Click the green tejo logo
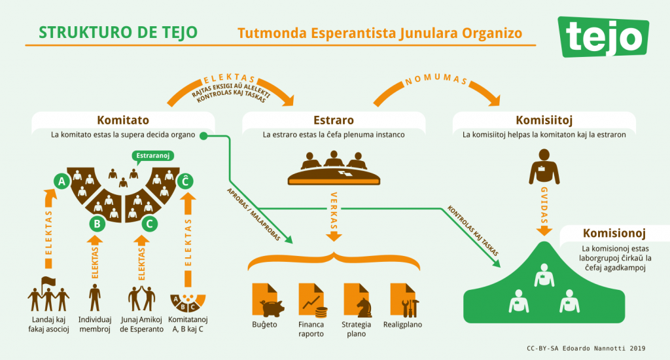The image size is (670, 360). point(603,37)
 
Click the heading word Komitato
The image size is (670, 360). point(122,120)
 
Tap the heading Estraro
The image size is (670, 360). point(334,120)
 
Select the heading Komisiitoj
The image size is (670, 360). point(544,120)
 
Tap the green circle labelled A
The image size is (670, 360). point(62,181)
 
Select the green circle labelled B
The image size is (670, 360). point(97,224)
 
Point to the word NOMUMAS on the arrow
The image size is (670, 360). point(435,81)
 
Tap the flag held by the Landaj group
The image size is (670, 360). point(47,282)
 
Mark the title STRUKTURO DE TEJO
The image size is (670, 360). point(118,32)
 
